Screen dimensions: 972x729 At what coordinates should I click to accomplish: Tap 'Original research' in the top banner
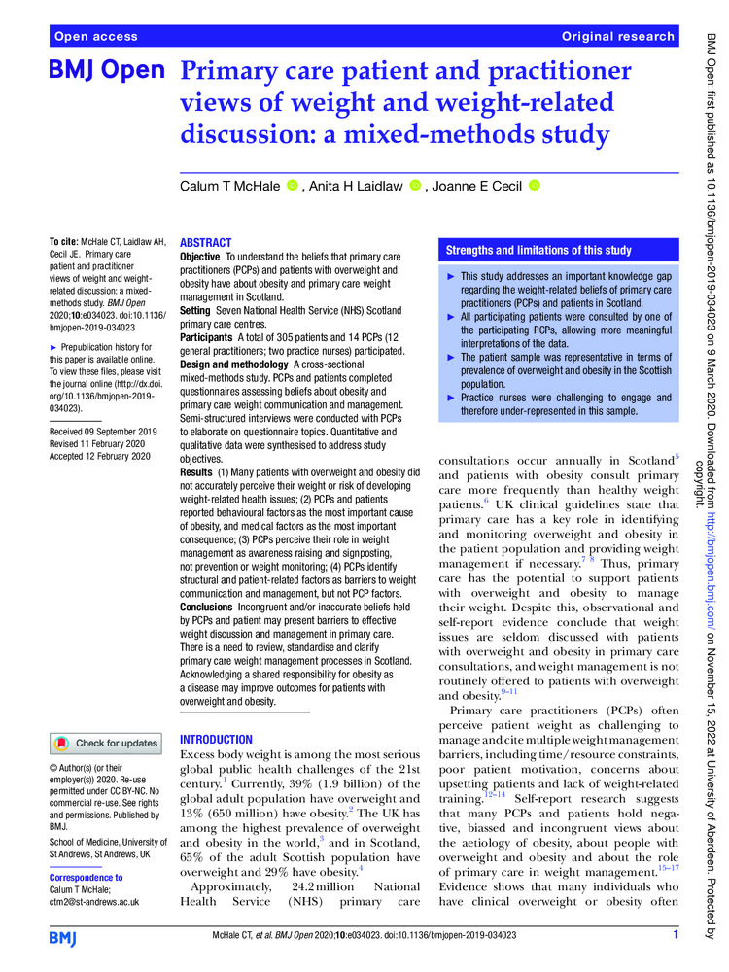pyautogui.click(x=617, y=36)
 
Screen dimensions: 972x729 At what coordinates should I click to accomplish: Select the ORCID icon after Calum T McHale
pyautogui.click(x=292, y=186)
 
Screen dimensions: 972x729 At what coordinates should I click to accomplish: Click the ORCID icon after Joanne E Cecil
pyautogui.click(x=533, y=186)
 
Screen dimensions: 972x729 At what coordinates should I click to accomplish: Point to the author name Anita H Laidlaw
pyautogui.click(x=354, y=186)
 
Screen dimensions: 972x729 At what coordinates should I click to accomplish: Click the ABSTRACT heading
pyautogui.click(x=206, y=243)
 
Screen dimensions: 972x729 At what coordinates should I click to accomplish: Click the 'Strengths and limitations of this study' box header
pyautogui.click(x=538, y=250)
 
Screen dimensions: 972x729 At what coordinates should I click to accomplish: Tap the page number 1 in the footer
pyautogui.click(x=675, y=936)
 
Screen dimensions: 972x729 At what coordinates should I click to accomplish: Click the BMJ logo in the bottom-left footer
pyautogui.click(x=69, y=936)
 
